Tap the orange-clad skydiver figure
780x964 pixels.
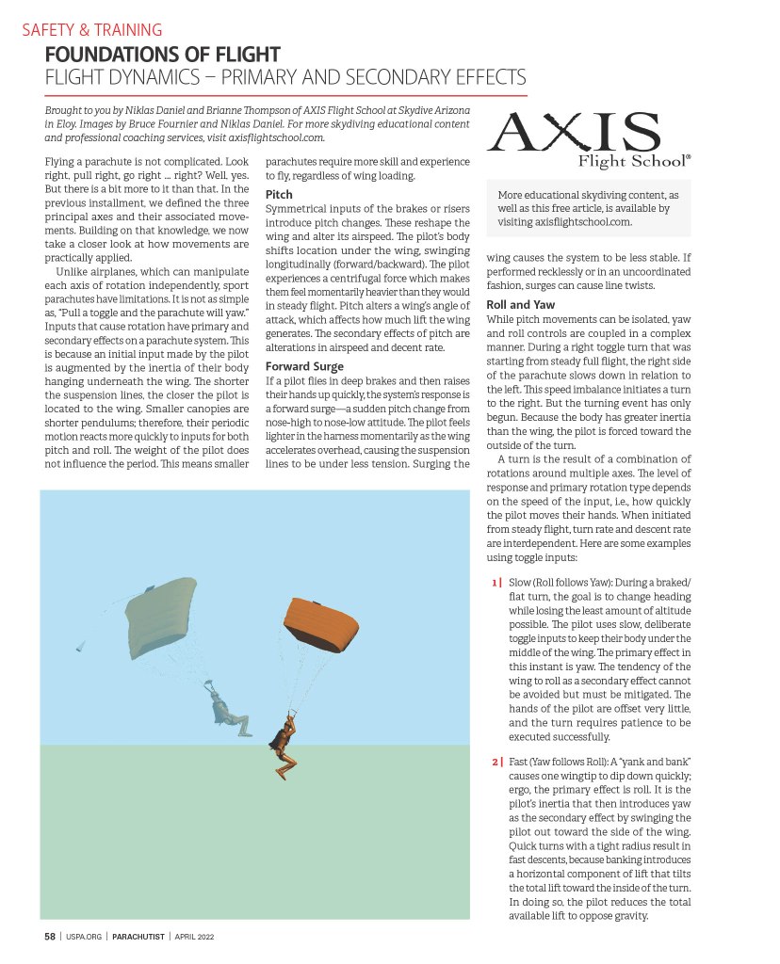coord(283,737)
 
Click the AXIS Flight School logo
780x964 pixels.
coord(589,140)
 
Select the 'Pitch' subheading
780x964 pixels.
coord(279,194)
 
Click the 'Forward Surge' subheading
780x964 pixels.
coord(304,366)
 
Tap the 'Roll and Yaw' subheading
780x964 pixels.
coord(520,305)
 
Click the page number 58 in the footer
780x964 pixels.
coord(50,937)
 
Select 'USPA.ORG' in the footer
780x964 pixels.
coord(84,937)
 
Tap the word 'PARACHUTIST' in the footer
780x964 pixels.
coord(138,937)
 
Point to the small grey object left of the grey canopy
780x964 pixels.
coord(80,647)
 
